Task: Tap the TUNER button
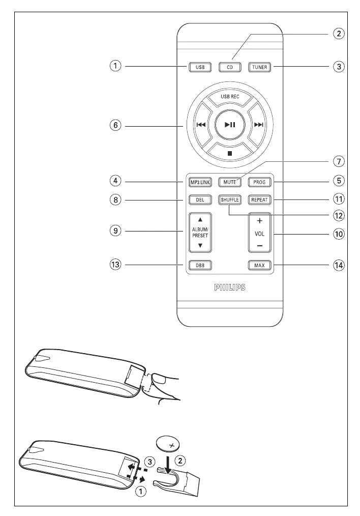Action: (259, 67)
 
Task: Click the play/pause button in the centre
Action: (230, 125)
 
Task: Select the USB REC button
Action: (230, 97)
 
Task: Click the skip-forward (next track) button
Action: (258, 125)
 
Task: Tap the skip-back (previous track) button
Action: (202, 125)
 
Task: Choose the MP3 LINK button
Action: (200, 182)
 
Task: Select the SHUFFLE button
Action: (230, 200)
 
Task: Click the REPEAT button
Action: (259, 200)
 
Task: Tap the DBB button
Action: (200, 265)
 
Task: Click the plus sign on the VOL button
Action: (259, 221)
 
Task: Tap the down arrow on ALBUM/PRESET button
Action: (200, 245)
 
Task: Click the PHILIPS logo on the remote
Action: (230, 288)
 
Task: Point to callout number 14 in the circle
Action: (339, 265)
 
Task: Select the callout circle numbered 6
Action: (115, 125)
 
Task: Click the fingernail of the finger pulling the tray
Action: (161, 379)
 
